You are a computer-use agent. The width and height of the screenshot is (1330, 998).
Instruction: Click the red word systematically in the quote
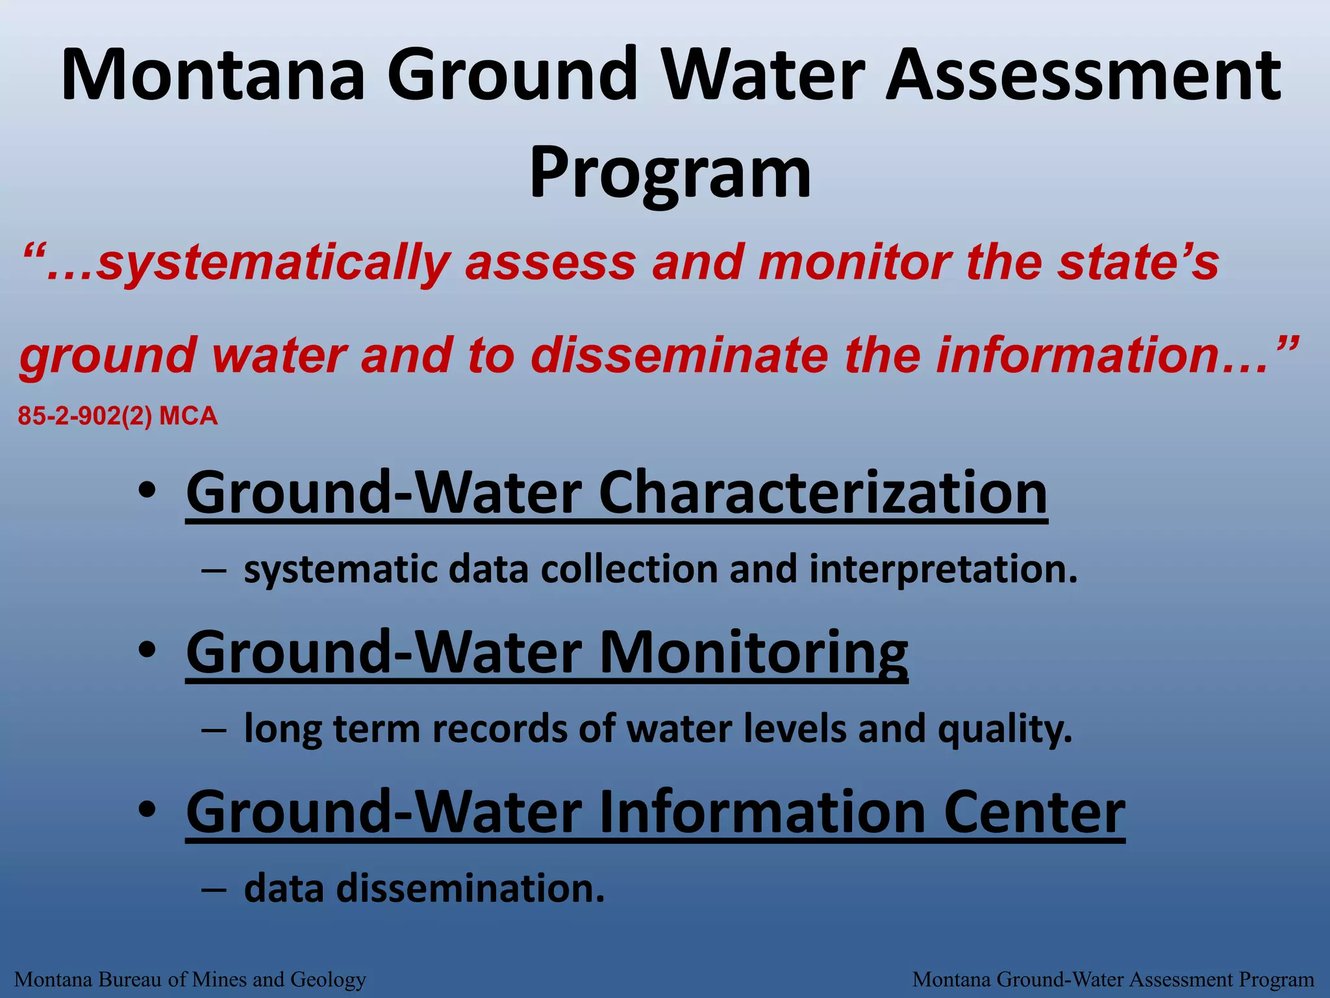(x=273, y=263)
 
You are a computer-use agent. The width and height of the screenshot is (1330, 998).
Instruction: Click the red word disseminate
(x=679, y=355)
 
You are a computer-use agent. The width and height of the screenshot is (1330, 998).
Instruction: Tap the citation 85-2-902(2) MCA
(x=118, y=416)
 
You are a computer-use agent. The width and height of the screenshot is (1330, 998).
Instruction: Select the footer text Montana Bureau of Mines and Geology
(x=190, y=979)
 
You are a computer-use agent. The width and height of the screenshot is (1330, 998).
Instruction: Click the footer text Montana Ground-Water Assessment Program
(x=1113, y=979)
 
